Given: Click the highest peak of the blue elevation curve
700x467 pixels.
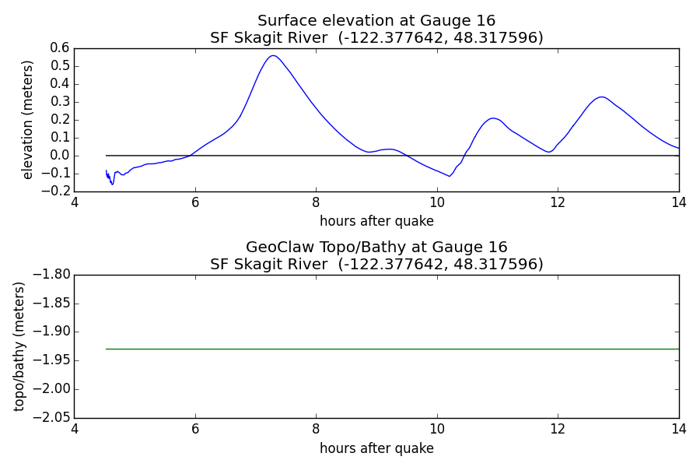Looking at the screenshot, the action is coord(273,56).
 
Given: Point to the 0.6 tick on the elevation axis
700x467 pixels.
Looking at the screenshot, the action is coord(60,47).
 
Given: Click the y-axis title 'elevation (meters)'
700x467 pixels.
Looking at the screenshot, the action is coord(28,120).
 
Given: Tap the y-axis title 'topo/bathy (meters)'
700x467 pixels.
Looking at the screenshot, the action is coord(19,346).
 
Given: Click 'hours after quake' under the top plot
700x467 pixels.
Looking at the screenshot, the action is coord(376,221).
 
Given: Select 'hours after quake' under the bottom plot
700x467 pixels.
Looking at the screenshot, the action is coord(376,448).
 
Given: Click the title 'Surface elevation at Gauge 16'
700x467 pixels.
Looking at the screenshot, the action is coord(376,20).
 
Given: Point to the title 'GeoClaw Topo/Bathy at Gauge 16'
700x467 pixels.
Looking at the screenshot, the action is coord(376,248).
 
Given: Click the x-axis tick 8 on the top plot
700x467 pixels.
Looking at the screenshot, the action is coord(316,202).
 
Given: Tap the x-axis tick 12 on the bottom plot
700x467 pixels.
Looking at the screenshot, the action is coord(558,429).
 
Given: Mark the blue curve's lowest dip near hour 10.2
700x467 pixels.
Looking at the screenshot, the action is coord(449,176).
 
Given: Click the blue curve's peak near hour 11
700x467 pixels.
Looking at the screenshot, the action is coord(493,118).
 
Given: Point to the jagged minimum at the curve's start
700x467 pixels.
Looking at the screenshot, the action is coord(112,184).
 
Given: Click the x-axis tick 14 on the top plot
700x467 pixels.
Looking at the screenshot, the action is coord(678,202).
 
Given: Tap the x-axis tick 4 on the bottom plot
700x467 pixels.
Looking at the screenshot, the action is coord(75,429).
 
